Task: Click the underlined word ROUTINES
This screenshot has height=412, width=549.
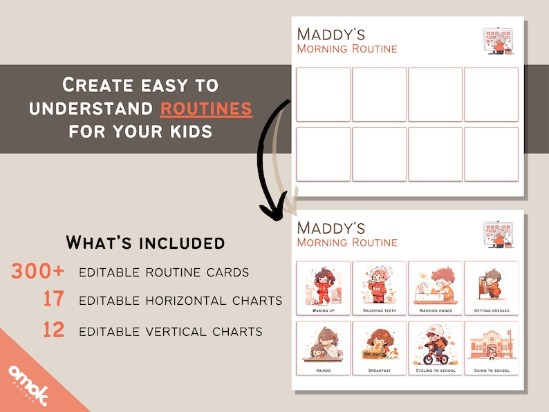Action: [x=206, y=108]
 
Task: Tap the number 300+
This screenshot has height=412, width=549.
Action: [x=37, y=271]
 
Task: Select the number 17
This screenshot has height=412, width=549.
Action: [x=53, y=300]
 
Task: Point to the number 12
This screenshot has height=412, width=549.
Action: [x=53, y=330]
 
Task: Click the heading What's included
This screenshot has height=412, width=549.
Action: [x=145, y=243]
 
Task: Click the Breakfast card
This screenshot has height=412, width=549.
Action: [x=380, y=348]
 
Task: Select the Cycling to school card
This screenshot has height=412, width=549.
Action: [x=435, y=348]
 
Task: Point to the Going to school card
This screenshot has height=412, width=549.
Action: [x=491, y=348]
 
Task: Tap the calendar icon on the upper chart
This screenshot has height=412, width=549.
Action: [x=498, y=41]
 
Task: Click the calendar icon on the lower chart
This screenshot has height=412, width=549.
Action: [x=498, y=234]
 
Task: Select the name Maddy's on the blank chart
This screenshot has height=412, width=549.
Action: [x=331, y=34]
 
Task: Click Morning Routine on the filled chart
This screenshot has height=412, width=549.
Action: [x=346, y=243]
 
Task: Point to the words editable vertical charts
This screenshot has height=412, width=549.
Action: [x=170, y=332]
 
